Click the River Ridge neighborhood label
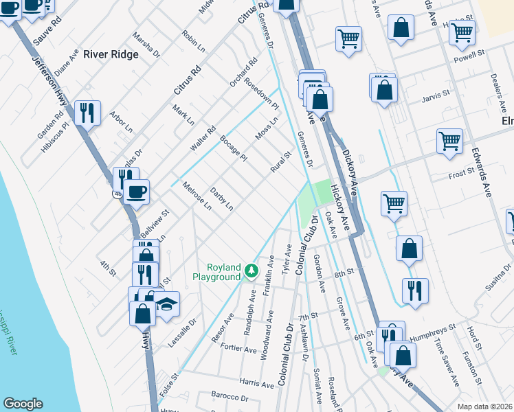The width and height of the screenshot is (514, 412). tap(111, 55)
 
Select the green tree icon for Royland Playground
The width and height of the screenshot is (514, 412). tap(252, 272)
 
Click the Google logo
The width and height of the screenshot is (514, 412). tap(23, 404)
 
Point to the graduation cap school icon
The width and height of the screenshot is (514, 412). tap(166, 304)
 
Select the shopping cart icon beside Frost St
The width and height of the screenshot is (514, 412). tap(449, 141)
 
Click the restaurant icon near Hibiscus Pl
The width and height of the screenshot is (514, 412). tap(87, 112)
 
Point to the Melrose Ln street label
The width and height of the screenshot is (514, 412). tap(197, 194)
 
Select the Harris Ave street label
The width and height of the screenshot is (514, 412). tap(257, 381)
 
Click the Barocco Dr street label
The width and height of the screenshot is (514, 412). tap(230, 398)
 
